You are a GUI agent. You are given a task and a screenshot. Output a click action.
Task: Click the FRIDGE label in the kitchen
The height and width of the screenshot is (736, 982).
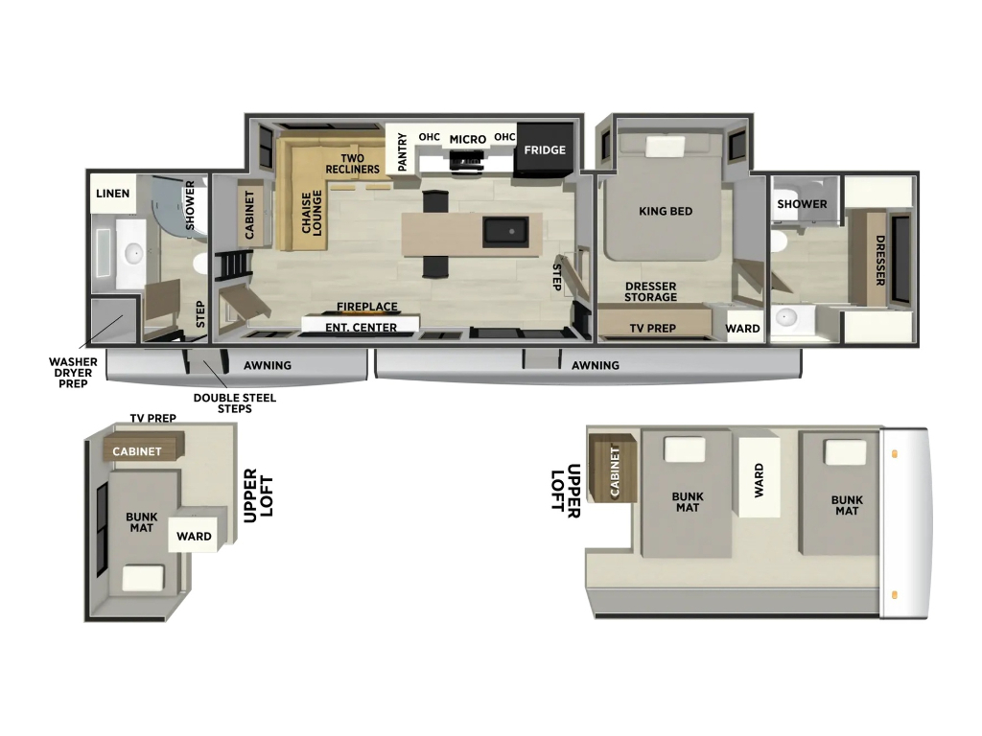click(545, 150)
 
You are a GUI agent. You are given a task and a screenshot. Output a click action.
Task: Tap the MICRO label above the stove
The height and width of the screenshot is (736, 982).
click(468, 140)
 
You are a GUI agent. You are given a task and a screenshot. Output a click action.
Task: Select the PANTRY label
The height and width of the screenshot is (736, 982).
click(402, 151)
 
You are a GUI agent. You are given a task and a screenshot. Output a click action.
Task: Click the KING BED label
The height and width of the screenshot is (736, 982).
click(666, 211)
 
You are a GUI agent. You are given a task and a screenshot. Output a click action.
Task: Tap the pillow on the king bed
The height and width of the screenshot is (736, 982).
click(666, 146)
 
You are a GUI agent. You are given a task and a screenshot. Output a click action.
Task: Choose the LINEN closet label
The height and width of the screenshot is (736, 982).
click(113, 194)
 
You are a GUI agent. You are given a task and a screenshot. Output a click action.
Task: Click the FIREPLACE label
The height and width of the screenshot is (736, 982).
click(367, 307)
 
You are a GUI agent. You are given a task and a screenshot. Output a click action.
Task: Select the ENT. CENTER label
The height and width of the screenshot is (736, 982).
click(361, 328)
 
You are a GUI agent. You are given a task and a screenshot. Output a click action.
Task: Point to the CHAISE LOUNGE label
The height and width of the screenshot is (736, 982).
click(312, 213)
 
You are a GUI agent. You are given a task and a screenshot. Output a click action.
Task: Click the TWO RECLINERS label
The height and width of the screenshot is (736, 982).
click(353, 164)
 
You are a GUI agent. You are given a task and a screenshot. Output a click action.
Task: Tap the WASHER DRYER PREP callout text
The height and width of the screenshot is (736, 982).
click(73, 373)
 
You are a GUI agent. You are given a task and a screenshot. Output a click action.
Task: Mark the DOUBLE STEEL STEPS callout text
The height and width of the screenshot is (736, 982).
click(234, 403)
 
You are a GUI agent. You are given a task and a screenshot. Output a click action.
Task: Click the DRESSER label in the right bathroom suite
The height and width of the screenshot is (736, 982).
click(880, 261)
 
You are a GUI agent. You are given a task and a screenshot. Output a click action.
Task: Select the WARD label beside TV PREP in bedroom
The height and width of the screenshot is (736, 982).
click(743, 329)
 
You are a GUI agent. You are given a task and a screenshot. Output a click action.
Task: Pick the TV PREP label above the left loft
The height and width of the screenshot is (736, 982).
click(152, 418)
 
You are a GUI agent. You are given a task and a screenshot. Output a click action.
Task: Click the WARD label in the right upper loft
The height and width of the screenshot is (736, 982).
click(760, 480)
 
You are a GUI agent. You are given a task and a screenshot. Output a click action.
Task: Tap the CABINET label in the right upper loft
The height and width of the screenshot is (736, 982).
click(615, 471)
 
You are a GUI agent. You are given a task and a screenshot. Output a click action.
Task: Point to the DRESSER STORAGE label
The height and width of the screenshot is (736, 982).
click(651, 291)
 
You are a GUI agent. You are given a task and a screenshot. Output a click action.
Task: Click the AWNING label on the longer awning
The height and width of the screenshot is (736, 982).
click(595, 365)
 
